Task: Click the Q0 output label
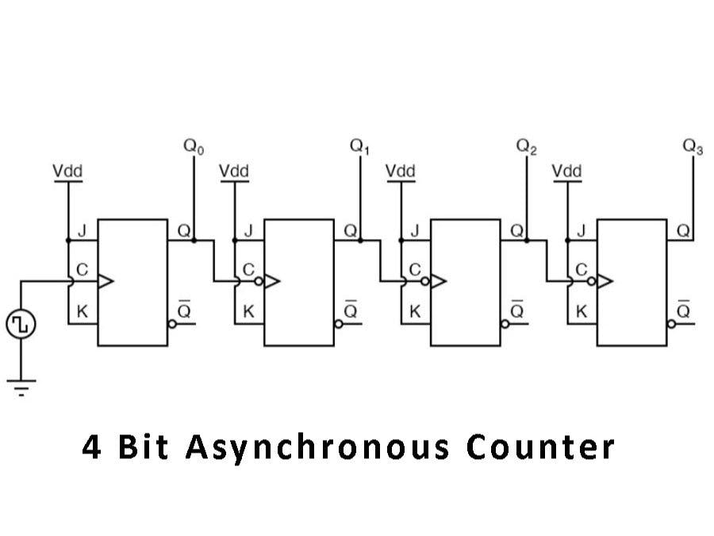[193, 148]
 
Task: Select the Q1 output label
[359, 148]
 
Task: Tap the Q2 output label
[526, 148]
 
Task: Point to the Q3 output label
[693, 148]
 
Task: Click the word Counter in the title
[540, 447]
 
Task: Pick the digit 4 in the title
[92, 447]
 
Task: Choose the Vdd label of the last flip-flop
[566, 171]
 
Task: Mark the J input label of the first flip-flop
[81, 232]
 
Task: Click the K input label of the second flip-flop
[248, 311]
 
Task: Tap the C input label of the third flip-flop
[415, 270]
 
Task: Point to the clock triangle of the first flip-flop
[105, 281]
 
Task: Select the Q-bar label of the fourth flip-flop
[684, 310]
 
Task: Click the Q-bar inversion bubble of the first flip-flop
[172, 324]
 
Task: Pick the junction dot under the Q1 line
[359, 239]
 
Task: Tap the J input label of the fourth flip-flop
[581, 232]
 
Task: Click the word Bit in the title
[144, 447]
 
